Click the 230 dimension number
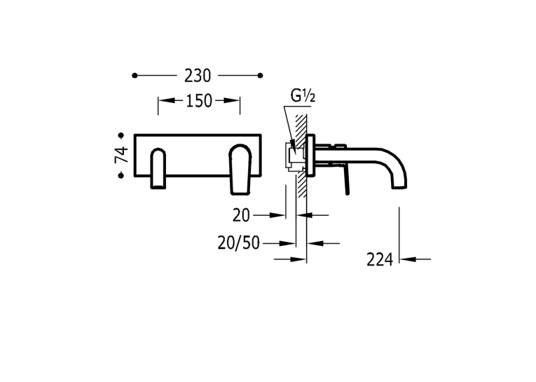pyautogui.click(x=198, y=76)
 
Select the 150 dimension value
pyautogui.click(x=199, y=101)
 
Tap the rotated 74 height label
pyautogui.click(x=121, y=155)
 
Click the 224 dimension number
pyautogui.click(x=380, y=260)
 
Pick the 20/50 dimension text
pyautogui.click(x=239, y=243)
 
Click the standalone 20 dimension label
pyautogui.click(x=241, y=216)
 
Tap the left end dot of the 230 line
pyautogui.click(x=135, y=76)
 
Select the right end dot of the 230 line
pyautogui.click(x=261, y=76)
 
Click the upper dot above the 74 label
pyautogui.click(x=121, y=136)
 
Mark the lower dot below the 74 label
pyautogui.click(x=121, y=175)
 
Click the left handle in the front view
pyautogui.click(x=158, y=168)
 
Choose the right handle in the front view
pyautogui.click(x=240, y=170)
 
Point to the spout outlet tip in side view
pyautogui.click(x=399, y=187)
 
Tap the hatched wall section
pyautogui.click(x=301, y=156)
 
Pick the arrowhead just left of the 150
pyautogui.click(x=166, y=100)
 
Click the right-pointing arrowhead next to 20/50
pyautogui.click(x=287, y=243)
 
